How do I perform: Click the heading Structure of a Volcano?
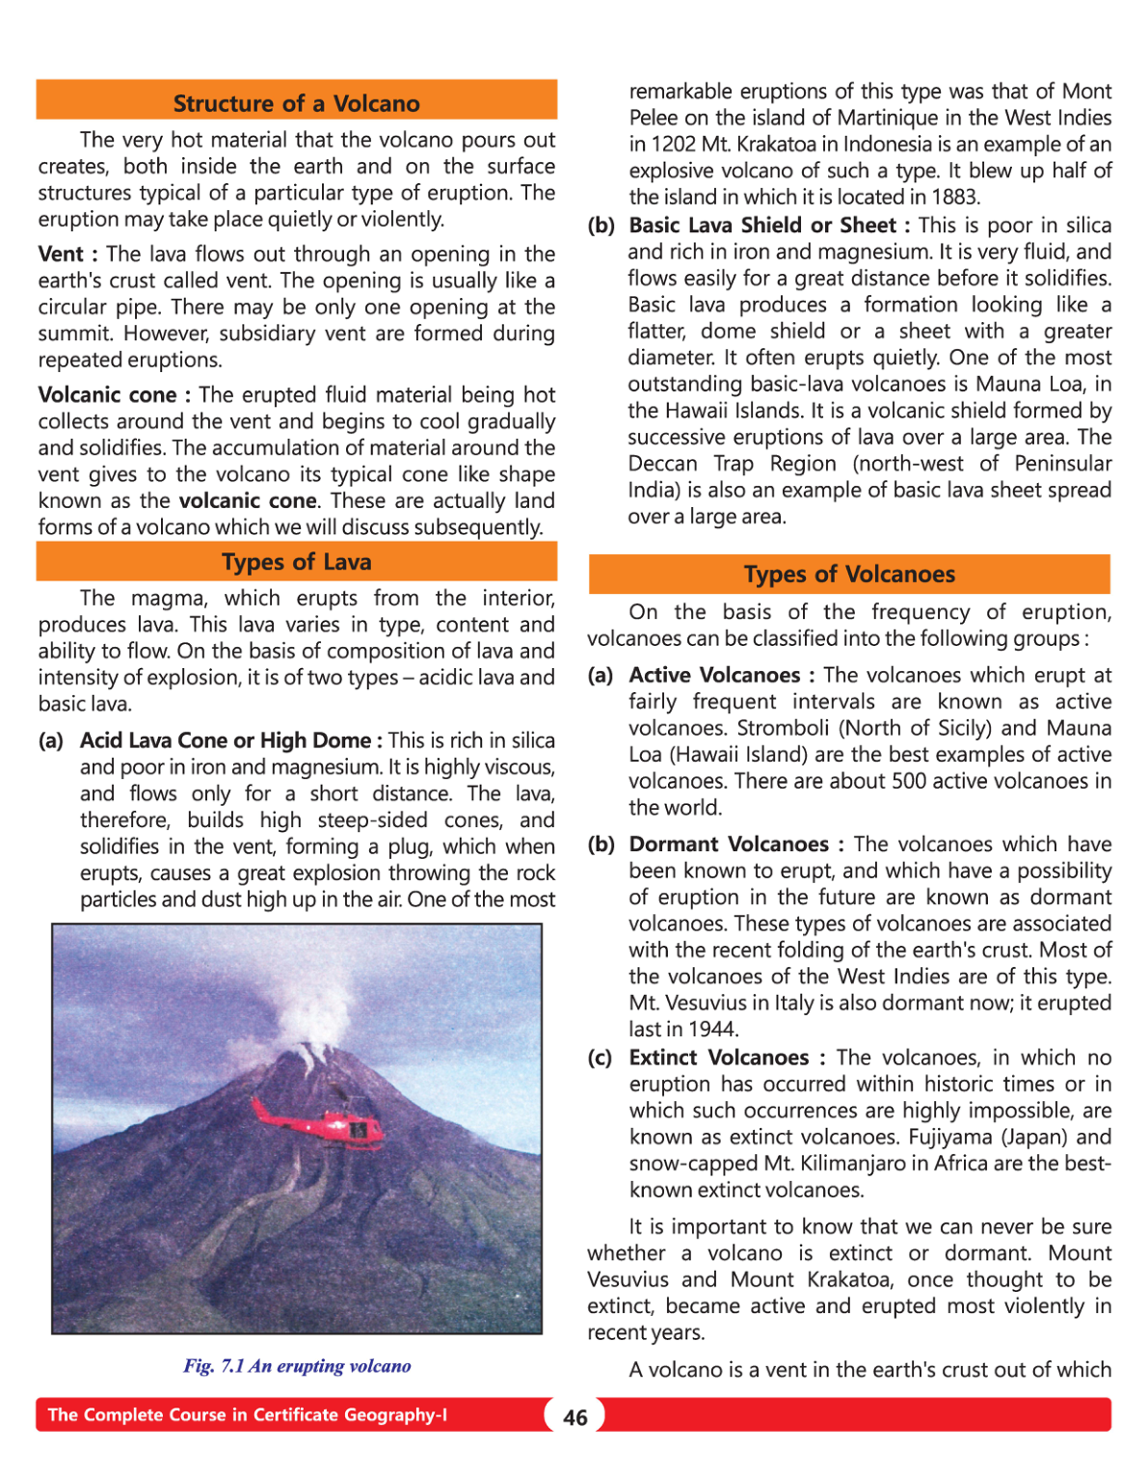point(296,103)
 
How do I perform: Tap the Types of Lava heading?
point(296,562)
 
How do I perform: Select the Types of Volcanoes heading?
point(849,575)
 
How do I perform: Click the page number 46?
point(575,1417)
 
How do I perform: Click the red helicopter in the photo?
point(323,1122)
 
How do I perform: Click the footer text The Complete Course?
point(247,1415)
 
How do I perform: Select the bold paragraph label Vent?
point(61,255)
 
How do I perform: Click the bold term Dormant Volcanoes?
point(729,845)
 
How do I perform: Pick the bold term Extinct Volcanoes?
point(719,1058)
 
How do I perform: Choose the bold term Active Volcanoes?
point(714,675)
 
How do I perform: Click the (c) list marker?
point(600,1058)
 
